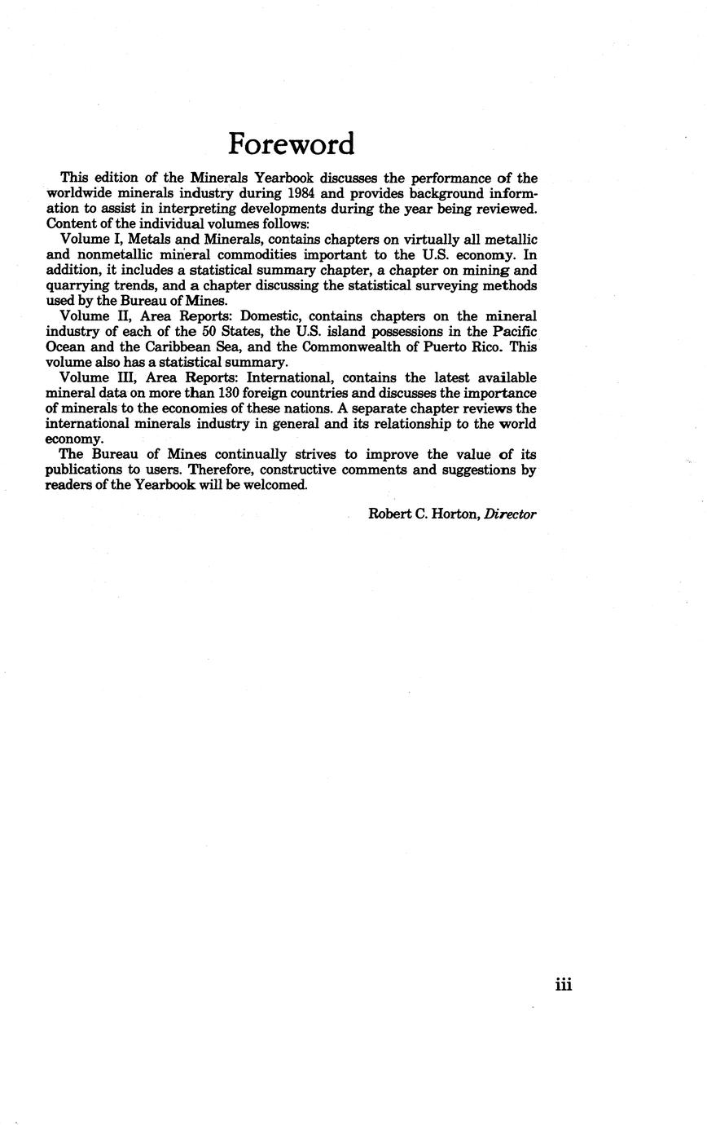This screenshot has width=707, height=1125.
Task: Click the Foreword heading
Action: pyautogui.click(x=291, y=144)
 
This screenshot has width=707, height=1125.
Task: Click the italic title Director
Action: pyautogui.click(x=510, y=514)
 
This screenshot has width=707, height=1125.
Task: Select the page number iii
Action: pyautogui.click(x=564, y=986)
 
